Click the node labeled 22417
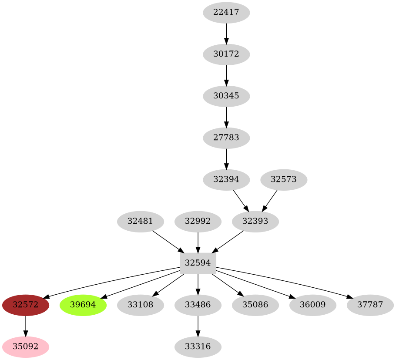[x=226, y=13]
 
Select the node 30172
[x=226, y=54]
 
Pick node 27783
[x=226, y=138]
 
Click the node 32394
[x=226, y=179]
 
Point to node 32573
[x=284, y=179]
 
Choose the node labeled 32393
[x=255, y=221]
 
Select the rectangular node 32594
[x=198, y=263]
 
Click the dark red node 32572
[x=26, y=305]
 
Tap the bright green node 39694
[x=83, y=305]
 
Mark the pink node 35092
[x=26, y=347]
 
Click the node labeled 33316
[x=198, y=347]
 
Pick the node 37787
[x=370, y=305]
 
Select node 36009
[x=313, y=305]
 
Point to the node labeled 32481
[x=141, y=221]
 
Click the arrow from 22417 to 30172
[x=226, y=34]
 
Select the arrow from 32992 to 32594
[x=198, y=242]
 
